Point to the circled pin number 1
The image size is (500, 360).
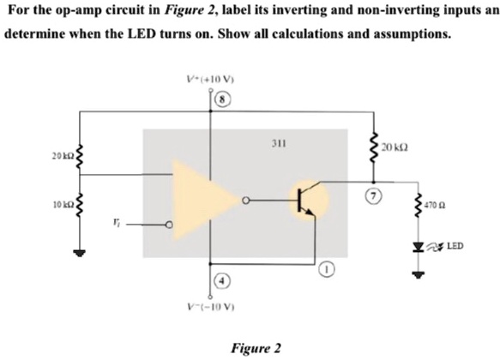(328, 271)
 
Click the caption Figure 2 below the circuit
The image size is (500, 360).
(256, 348)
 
